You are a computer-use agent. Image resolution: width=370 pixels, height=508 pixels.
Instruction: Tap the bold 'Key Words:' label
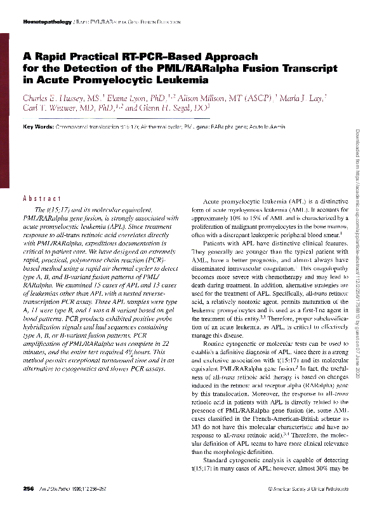tap(37, 128)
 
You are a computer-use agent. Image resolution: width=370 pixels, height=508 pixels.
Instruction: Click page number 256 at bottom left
tap(28, 488)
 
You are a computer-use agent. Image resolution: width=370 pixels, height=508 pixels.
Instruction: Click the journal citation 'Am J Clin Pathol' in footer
tap(58, 488)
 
